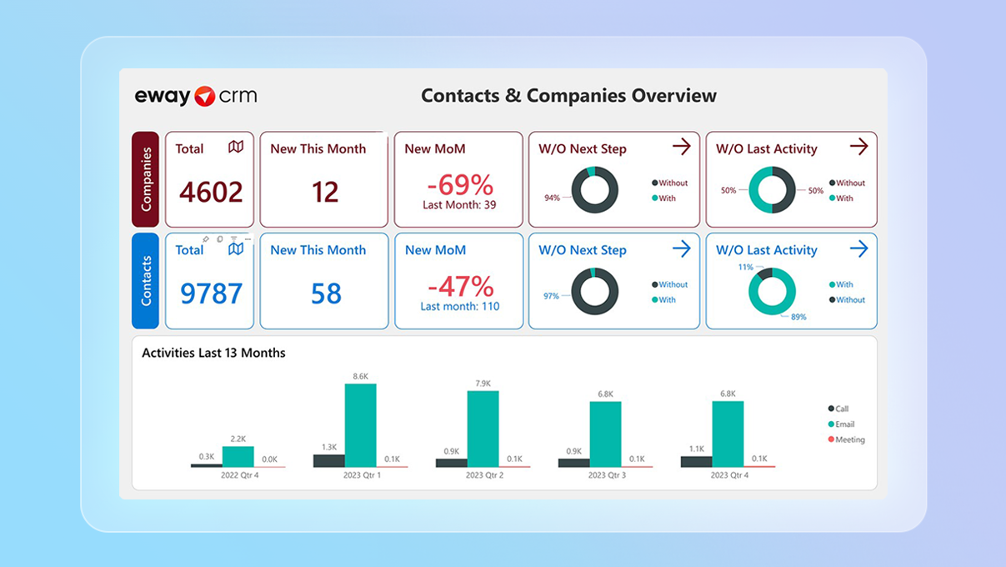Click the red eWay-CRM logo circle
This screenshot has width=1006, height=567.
[x=205, y=96]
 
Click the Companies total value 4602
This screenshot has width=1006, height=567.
[x=211, y=192]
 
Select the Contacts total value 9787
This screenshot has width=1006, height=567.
[x=211, y=294]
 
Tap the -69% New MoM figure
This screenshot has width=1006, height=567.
[x=458, y=185]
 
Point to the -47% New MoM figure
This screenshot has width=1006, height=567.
[x=459, y=286]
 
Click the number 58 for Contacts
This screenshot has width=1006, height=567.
[x=325, y=294]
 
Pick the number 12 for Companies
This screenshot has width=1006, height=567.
[x=325, y=192]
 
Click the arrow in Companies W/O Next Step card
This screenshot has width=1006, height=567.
[x=682, y=147]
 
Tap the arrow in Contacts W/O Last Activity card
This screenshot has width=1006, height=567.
[x=858, y=248]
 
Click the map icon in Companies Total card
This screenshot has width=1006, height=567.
[x=236, y=147]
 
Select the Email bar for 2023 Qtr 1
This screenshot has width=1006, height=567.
[x=360, y=424]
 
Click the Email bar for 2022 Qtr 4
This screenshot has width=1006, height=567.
[x=238, y=456]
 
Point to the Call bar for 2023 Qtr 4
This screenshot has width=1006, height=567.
[x=696, y=461]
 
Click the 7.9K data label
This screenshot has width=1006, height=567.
[x=483, y=383]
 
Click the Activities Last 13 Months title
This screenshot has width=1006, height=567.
[x=213, y=353]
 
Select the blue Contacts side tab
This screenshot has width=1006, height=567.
[x=145, y=280]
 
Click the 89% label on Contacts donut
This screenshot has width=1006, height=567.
[x=798, y=317]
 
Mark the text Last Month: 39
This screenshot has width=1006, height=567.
[x=458, y=205]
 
